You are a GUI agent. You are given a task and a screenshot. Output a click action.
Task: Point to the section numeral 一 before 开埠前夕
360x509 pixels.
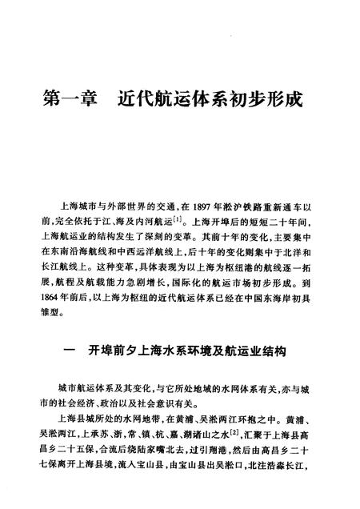pyautogui.click(x=73, y=351)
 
